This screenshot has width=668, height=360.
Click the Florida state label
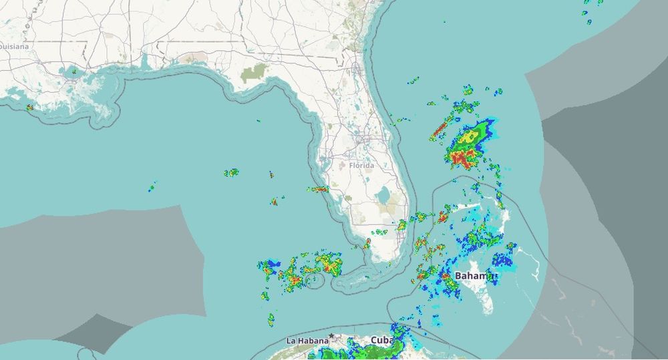[361, 165]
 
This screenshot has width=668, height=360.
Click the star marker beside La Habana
[331, 336]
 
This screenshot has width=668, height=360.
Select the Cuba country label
[381, 340]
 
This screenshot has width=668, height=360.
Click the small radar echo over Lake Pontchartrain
[73, 71]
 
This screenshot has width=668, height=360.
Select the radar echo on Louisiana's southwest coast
[29, 107]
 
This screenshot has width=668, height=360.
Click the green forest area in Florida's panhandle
[254, 73]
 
